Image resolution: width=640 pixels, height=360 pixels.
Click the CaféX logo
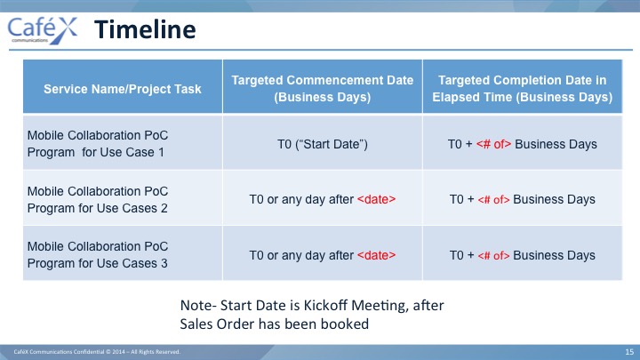(x=42, y=30)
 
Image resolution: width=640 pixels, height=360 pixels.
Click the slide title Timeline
(x=145, y=29)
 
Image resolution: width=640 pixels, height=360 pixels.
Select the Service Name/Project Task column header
(x=123, y=89)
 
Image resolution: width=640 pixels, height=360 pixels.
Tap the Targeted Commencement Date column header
(x=323, y=89)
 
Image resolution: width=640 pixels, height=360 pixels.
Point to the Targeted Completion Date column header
(x=522, y=89)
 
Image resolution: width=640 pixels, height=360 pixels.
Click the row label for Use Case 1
(x=98, y=144)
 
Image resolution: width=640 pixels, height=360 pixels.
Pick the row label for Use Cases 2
(x=98, y=200)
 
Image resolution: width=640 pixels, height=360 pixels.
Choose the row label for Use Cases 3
(x=98, y=255)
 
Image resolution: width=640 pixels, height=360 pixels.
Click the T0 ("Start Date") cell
(x=323, y=144)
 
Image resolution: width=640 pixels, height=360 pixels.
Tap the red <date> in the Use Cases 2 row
(x=376, y=199)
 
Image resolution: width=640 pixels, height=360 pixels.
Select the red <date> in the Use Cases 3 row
(x=376, y=255)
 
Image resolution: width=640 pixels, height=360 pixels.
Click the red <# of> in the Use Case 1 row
(x=493, y=144)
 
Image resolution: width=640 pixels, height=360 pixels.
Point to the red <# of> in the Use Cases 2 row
(x=493, y=200)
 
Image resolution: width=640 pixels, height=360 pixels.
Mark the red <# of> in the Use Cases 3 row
(x=493, y=255)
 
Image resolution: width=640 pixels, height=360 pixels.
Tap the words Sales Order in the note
(x=217, y=324)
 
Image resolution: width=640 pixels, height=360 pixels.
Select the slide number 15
(x=629, y=352)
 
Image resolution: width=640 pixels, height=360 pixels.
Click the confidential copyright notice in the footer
(x=97, y=352)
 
